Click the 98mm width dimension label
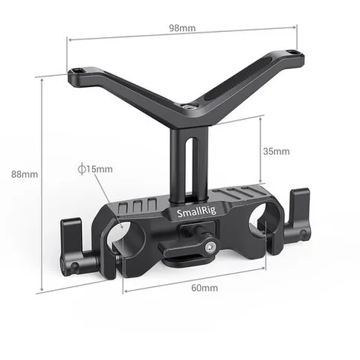coord(181,28)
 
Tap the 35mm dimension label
coord(276,151)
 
